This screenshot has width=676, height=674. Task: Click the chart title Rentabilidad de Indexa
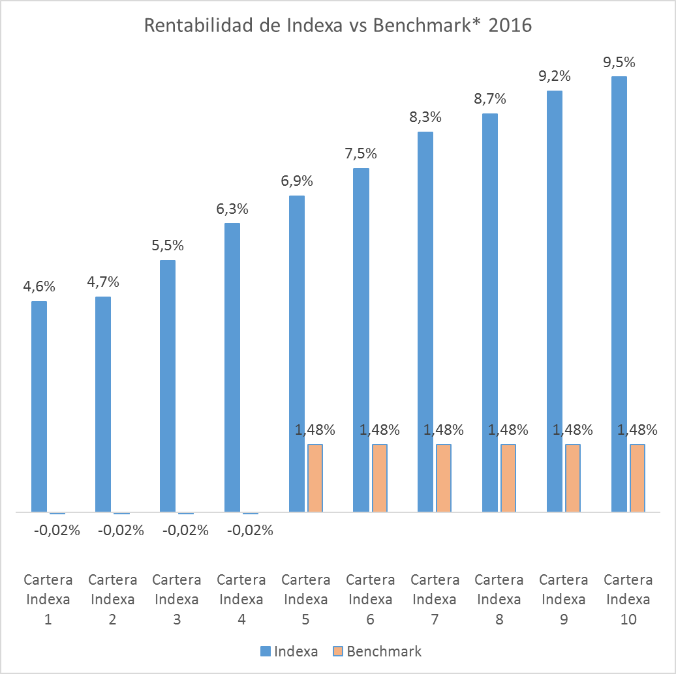337,25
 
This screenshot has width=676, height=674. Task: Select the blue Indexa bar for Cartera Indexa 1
39,407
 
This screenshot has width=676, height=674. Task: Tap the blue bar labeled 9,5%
619,294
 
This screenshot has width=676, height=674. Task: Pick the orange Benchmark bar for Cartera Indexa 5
315,478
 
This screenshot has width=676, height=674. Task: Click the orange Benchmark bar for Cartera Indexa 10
638,478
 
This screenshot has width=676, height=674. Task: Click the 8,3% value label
425,117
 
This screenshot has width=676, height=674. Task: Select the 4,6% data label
39,286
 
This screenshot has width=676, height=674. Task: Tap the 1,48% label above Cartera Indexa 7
444,430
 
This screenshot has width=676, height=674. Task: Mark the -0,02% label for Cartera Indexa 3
185,531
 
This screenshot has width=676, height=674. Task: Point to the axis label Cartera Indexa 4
241,599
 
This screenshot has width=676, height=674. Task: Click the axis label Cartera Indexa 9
563,599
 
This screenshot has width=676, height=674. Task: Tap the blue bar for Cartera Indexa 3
168,386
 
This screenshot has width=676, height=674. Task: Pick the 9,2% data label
555,76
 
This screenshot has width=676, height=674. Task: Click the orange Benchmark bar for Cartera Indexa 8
508,478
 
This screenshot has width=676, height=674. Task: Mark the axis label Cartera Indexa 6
370,599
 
